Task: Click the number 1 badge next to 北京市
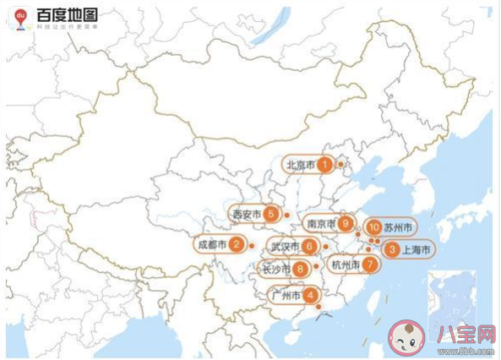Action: pyautogui.click(x=323, y=166)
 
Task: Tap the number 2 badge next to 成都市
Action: pyautogui.click(x=237, y=245)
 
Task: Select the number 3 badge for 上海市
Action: pyautogui.click(x=391, y=249)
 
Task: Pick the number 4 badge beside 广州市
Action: pyautogui.click(x=312, y=296)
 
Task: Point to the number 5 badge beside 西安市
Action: pyautogui.click(x=270, y=215)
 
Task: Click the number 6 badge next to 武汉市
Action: pyautogui.click(x=310, y=247)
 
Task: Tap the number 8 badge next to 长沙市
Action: pyautogui.click(x=299, y=270)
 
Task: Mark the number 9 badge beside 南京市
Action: pyautogui.click(x=346, y=224)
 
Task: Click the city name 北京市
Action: pyautogui.click(x=300, y=166)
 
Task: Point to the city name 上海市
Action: pyautogui.click(x=417, y=250)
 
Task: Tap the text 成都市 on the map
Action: pyautogui.click(x=213, y=245)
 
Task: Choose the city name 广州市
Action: pyautogui.click(x=285, y=296)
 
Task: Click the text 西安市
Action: pyautogui.click(x=247, y=215)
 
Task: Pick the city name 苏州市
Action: pyautogui.click(x=398, y=228)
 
